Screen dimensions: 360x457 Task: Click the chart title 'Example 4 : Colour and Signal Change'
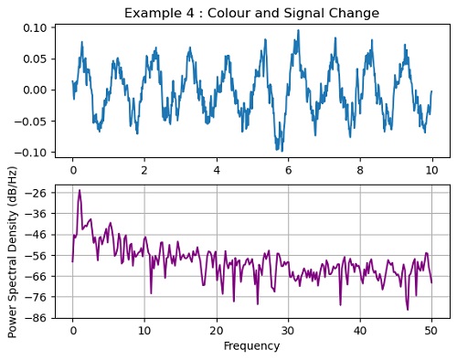coord(251,13)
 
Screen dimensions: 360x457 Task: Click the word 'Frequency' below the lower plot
coord(251,346)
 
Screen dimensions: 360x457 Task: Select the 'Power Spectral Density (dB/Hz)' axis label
coord(13,252)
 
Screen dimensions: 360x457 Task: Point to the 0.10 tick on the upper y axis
coord(36,28)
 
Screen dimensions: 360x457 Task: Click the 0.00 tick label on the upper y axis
coord(36,90)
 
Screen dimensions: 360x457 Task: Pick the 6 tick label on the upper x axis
coord(289,170)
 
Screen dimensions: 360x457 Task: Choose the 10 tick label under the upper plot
coord(432,170)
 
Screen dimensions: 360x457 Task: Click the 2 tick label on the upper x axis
coord(144,170)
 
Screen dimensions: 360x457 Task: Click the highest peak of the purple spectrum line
coord(80,190)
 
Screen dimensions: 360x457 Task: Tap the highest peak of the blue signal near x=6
coord(298,30)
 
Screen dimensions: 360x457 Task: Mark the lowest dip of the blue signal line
coord(281,151)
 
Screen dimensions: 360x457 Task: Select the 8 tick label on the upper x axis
coord(360,170)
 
